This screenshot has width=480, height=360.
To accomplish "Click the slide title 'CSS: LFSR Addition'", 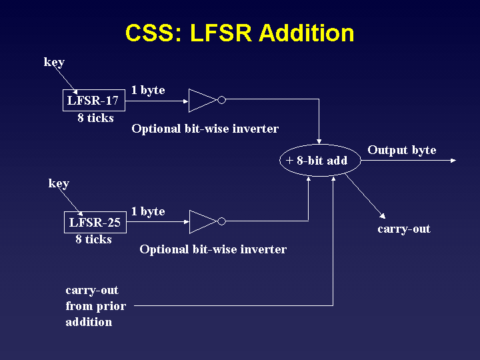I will point(239,33).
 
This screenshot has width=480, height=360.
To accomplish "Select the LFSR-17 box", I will point(94,101).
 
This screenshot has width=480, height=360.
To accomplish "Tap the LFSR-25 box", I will point(95,222).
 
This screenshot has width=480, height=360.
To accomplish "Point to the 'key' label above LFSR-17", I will point(54,62).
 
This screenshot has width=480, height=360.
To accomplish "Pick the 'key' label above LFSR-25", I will point(59,183).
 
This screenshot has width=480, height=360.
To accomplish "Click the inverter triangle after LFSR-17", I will point(202,101).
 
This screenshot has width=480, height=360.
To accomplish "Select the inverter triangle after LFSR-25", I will point(202,222).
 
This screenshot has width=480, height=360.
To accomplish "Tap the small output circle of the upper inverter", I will point(222,101).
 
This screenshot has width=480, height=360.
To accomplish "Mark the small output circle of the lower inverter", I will point(222,222).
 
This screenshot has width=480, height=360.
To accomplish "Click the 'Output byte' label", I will point(401,150).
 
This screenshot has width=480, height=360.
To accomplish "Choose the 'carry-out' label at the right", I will point(404,229).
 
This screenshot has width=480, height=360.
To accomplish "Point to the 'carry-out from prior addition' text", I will point(95,307).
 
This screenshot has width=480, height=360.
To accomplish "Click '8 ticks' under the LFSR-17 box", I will point(95,118).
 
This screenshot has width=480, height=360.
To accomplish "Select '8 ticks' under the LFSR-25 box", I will point(93,239).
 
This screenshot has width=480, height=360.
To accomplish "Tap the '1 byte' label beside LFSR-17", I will point(148,90).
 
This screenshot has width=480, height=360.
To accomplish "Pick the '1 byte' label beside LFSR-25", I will point(148,211).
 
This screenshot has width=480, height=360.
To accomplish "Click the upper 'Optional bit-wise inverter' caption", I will point(205,129).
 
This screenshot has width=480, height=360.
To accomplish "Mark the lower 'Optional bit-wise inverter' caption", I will point(213,250).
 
